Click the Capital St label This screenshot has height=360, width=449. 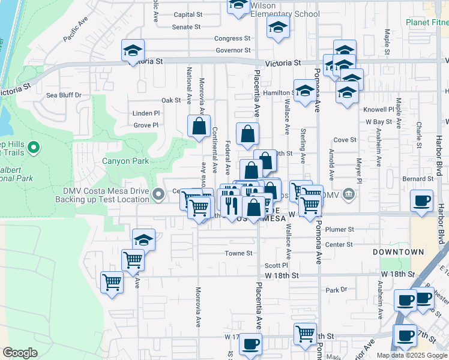(x=188, y=14)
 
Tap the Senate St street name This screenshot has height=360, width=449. (x=186, y=27)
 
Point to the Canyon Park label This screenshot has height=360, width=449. (x=125, y=161)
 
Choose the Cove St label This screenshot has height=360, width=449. (x=345, y=140)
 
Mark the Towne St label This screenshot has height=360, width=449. (x=238, y=253)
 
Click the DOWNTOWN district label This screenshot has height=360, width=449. (x=398, y=252)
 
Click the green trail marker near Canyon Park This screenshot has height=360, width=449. (x=34, y=147)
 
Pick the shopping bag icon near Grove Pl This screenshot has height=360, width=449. (x=199, y=126)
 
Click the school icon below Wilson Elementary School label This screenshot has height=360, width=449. (x=278, y=27)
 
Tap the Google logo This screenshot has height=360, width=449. (x=20, y=353)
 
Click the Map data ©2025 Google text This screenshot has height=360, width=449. (x=412, y=355)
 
